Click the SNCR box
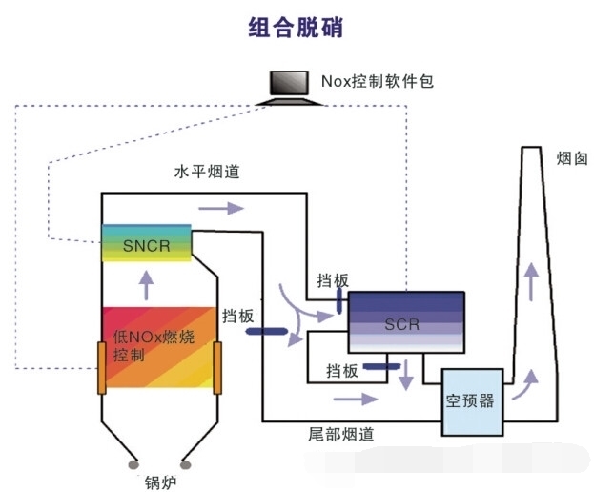coord(146,245)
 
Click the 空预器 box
coord(471,400)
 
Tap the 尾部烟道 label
coord(342,434)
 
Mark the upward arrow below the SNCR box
coord(146,283)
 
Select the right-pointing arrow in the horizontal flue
coord(215,206)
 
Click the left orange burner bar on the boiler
coord(101,366)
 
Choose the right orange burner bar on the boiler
coord(218,366)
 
